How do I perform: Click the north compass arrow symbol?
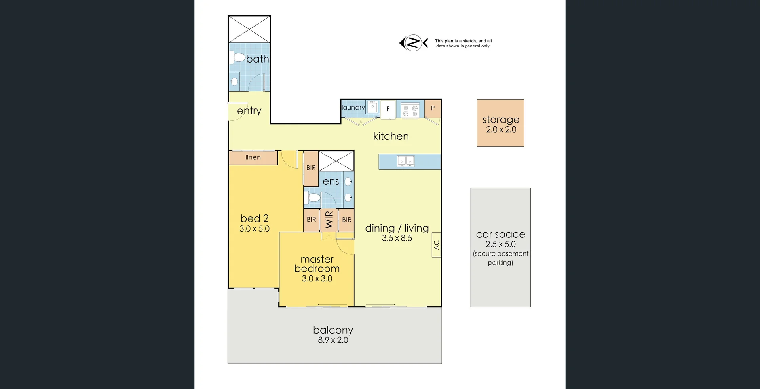point(413,43)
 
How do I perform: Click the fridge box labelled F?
point(388,109)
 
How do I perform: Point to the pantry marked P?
point(433,108)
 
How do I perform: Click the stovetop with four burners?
point(410,110)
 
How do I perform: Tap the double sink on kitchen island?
point(406,161)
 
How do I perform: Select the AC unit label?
point(436,245)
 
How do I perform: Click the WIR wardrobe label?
point(329,220)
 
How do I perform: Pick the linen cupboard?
point(253,157)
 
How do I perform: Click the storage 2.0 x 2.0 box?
point(500,123)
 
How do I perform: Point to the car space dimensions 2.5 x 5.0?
point(500,244)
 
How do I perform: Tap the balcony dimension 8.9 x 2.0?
point(333,340)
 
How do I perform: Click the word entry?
point(249,111)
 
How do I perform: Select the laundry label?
point(353,108)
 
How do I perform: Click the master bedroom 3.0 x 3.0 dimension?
point(317,279)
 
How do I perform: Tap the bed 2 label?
point(254,218)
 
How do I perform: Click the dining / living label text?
point(397,228)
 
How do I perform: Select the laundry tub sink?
point(372,107)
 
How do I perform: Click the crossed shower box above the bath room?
point(249,29)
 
